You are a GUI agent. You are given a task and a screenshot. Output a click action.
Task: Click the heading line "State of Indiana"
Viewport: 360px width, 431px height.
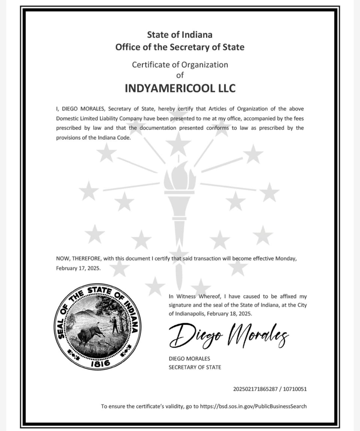pos(180,35)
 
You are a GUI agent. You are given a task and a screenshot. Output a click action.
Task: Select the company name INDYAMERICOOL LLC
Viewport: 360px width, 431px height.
pos(180,88)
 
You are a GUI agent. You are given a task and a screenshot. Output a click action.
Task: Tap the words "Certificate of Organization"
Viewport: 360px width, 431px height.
pos(180,65)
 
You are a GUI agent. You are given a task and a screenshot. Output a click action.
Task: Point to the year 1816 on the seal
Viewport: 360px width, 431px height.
pos(100,363)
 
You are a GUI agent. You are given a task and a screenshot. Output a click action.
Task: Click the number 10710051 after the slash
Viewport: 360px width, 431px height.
pos(295,389)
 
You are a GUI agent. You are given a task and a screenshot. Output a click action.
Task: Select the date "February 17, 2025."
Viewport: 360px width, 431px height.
pos(78,268)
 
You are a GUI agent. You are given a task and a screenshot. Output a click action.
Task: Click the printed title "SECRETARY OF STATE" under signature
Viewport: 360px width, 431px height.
pos(195,367)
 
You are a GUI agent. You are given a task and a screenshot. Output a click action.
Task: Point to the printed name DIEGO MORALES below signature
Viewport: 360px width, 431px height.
pos(189,359)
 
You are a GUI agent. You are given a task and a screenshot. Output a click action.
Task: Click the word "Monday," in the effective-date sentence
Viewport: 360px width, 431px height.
pos(286,259)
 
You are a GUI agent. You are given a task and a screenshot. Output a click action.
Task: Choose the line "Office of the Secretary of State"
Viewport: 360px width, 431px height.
pos(180,47)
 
